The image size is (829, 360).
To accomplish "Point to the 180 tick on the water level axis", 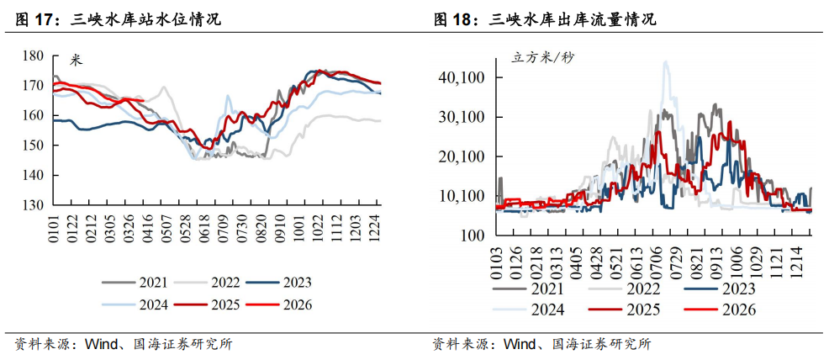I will [x=33, y=56].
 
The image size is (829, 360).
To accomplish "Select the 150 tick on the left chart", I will [x=33, y=146].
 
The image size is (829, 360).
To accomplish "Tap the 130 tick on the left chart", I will [x=33, y=205].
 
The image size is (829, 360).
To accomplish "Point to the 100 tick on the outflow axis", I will [x=470, y=236].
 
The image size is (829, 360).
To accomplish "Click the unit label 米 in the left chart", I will [x=77, y=60].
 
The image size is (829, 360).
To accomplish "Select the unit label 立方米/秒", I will [x=543, y=58].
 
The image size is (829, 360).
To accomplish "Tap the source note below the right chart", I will [x=541, y=344].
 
